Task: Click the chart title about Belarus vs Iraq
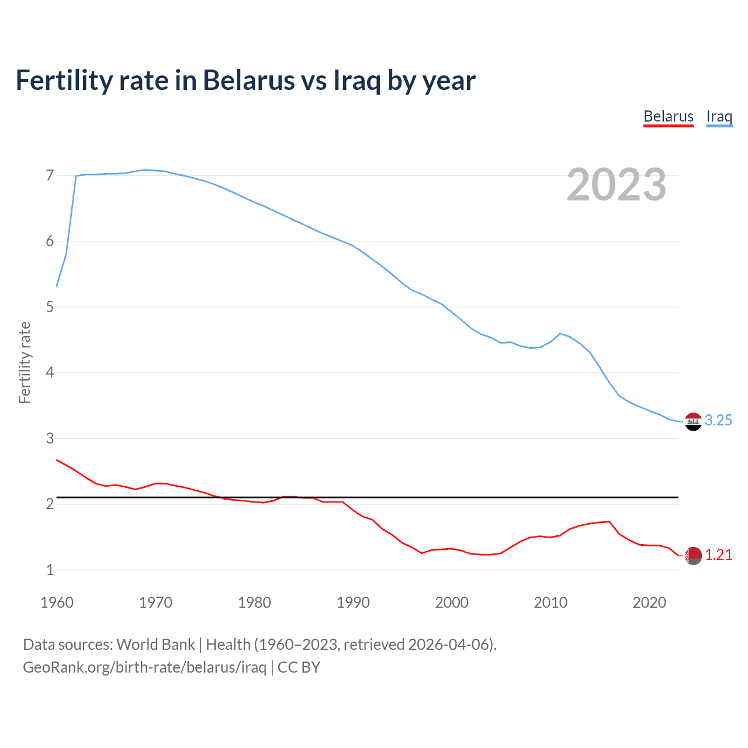pyautogui.click(x=245, y=81)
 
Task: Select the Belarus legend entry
pyautogui.click(x=669, y=116)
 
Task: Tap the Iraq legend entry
pyautogui.click(x=719, y=116)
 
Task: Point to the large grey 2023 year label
pyautogui.click(x=617, y=185)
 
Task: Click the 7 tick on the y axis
pyautogui.click(x=50, y=175)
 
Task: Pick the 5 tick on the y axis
pyautogui.click(x=50, y=307)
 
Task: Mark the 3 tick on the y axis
pyautogui.click(x=50, y=438)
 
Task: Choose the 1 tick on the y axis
pyautogui.click(x=50, y=570)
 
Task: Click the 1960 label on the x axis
pyautogui.click(x=57, y=602)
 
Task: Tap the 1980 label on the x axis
pyautogui.click(x=254, y=602)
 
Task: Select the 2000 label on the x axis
pyautogui.click(x=452, y=602)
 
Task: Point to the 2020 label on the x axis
pyautogui.click(x=649, y=602)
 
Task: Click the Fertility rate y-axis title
pyautogui.click(x=25, y=362)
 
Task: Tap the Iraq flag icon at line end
pyautogui.click(x=693, y=421)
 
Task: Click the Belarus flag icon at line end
pyautogui.click(x=693, y=556)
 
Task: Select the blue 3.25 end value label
pyautogui.click(x=718, y=421)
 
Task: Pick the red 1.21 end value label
pyautogui.click(x=718, y=555)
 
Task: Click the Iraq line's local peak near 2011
pyautogui.click(x=560, y=334)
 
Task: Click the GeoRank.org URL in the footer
pyautogui.click(x=144, y=667)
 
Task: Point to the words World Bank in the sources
pyautogui.click(x=155, y=645)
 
